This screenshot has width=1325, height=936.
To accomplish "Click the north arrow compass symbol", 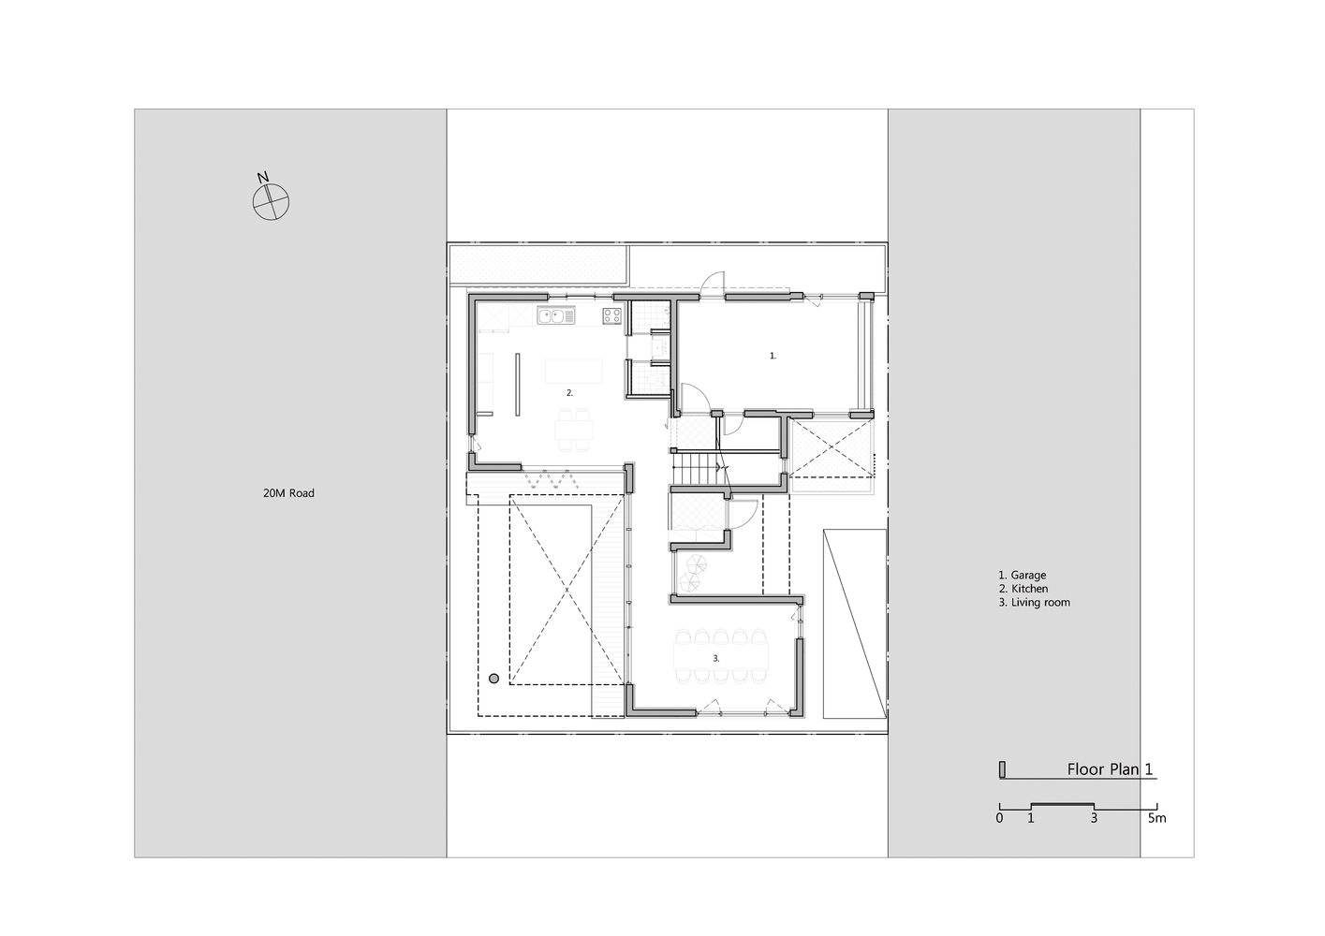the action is (x=272, y=202).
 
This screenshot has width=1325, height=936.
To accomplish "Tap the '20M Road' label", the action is (x=288, y=493).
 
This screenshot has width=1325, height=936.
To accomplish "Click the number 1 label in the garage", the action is (x=773, y=356).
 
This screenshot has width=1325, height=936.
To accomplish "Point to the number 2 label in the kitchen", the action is (x=569, y=392).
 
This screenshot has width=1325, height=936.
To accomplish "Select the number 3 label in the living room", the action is (x=715, y=658).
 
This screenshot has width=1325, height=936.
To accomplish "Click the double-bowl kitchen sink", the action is (x=556, y=315).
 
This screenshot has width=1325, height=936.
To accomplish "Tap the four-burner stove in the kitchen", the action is (x=611, y=315).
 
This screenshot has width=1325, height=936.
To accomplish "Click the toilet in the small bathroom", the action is (x=655, y=381).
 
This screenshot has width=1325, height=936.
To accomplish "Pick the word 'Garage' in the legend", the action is (x=1028, y=576).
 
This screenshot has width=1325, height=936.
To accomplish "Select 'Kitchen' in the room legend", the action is (x=1029, y=589).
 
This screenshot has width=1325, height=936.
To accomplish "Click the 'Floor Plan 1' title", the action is (x=1111, y=769).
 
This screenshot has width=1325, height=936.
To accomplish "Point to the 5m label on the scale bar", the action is (x=1157, y=818).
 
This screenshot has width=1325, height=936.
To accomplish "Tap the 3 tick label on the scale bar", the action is (x=1095, y=818).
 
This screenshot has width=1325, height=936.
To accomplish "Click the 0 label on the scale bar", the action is (x=1000, y=818).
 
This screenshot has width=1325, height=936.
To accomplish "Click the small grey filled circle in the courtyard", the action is (x=493, y=679).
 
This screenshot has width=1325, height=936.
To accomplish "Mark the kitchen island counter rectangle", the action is (x=573, y=371).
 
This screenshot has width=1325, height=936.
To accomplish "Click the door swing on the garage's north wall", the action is (x=713, y=284).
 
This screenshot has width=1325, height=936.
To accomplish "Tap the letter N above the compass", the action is (x=263, y=178).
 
